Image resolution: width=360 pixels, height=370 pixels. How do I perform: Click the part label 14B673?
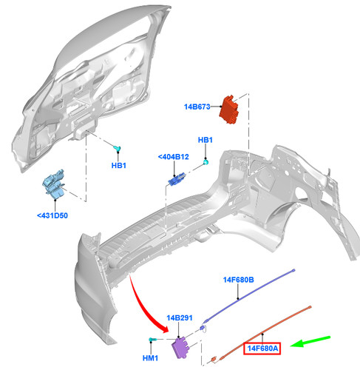pos(197,107)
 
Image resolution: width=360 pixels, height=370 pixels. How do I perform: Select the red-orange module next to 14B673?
pos(229,110)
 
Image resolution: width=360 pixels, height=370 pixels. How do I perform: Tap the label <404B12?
pos(174,157)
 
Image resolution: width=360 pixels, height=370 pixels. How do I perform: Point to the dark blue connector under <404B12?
pos(177,179)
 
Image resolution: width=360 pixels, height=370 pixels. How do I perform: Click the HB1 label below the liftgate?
pos(119,166)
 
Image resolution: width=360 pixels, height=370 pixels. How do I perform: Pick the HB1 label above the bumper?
pos(206,140)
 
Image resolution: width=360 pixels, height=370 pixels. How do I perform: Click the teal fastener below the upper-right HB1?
pos(206,162)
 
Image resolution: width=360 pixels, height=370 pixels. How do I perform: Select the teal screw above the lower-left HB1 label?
pos(117,148)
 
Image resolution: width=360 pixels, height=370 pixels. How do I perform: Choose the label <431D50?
pos(52,215)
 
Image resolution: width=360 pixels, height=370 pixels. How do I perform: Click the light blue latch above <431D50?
pos(54,184)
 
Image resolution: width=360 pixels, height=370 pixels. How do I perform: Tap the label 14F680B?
pos(238,280)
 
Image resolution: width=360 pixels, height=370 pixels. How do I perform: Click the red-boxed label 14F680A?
pos(262,349)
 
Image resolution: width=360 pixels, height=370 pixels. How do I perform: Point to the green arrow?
pos(310,342)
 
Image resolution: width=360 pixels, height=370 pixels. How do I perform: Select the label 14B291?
pos(180,318)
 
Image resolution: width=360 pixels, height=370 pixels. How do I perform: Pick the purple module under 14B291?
pos(180,348)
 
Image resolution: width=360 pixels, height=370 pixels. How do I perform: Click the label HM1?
pos(150,358)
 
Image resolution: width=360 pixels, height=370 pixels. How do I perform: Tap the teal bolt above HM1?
pos(152,340)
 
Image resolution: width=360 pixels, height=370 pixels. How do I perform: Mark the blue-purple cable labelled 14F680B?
pos(249,296)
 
